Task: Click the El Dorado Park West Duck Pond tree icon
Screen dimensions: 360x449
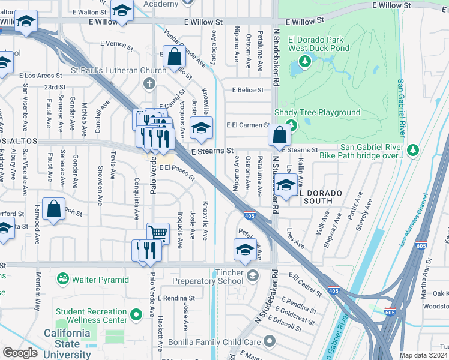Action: [x=305, y=61]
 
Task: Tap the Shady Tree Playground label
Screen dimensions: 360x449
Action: [x=317, y=112]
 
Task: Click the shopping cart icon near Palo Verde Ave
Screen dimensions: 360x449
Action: [x=158, y=233]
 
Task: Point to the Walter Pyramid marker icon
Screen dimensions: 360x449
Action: [x=62, y=280]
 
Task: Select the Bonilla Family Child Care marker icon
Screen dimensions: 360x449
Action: [x=270, y=342]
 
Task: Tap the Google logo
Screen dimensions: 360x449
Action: [x=20, y=353]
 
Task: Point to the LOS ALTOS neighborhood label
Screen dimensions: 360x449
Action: [x=19, y=141]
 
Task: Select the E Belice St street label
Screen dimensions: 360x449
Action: [x=248, y=90]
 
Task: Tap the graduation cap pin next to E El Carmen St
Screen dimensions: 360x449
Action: [x=202, y=127]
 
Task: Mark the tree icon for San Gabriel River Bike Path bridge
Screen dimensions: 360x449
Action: [x=412, y=150]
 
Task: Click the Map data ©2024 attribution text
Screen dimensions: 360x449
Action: [x=423, y=355]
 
